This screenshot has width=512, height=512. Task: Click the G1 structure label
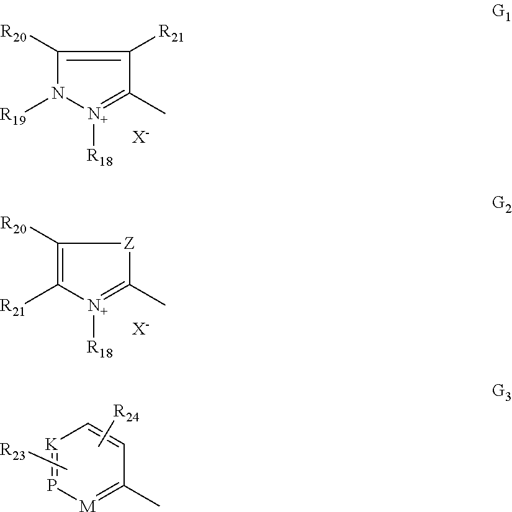(x=501, y=13)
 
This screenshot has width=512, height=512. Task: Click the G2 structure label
(x=501, y=204)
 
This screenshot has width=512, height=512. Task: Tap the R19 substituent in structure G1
(x=13, y=117)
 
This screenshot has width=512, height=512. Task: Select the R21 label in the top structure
(x=171, y=34)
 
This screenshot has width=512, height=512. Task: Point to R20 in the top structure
(x=14, y=34)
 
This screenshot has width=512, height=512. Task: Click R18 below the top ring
(x=99, y=158)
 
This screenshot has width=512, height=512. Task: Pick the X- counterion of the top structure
(x=140, y=137)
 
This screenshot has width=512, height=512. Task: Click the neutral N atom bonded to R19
(x=58, y=93)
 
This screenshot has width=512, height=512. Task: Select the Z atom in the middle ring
(x=129, y=243)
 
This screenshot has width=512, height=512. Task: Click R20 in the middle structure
(x=14, y=226)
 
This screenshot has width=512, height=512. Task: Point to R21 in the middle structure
(x=13, y=308)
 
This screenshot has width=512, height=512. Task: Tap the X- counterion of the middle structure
(x=140, y=329)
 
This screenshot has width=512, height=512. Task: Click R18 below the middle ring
(x=99, y=349)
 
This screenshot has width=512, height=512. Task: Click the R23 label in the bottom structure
(x=13, y=452)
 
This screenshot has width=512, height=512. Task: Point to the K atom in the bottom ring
(x=52, y=445)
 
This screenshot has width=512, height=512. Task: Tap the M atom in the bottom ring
(x=88, y=506)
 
